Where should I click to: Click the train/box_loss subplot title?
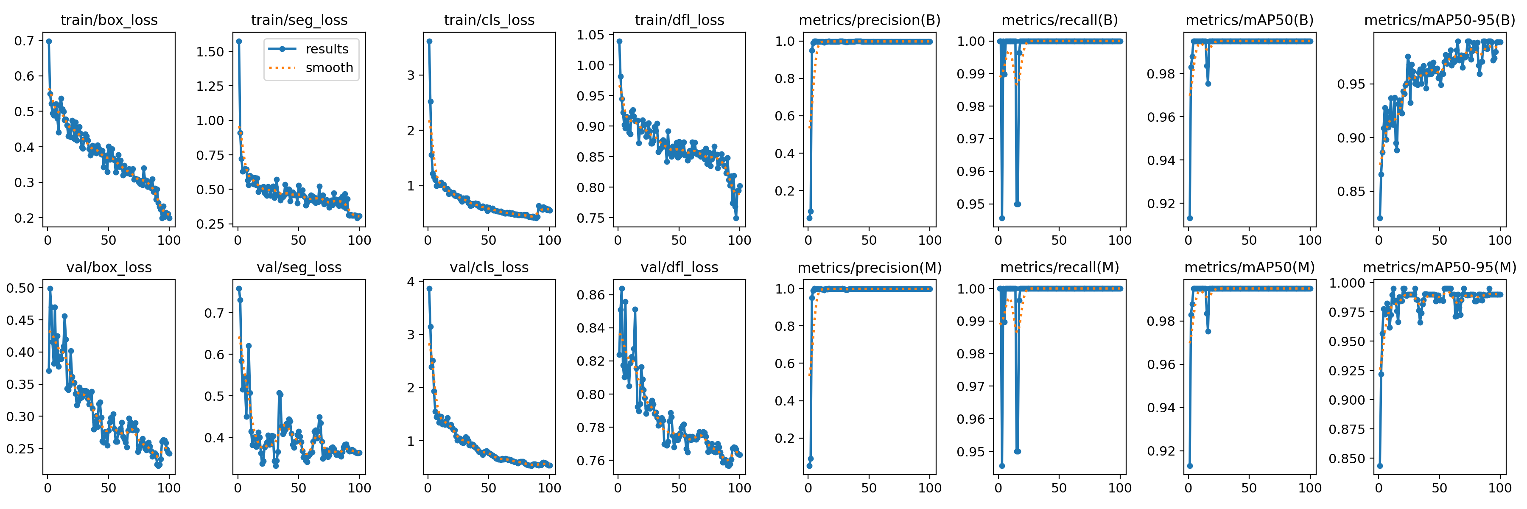coord(109,20)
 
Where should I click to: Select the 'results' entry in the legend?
coord(327,49)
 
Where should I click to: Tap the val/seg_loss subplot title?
coord(299,268)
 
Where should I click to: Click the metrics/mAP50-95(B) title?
coord(1439,20)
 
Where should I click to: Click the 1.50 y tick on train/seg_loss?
coord(210,52)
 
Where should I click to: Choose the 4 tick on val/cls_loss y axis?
coord(411,282)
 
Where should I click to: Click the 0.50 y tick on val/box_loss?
coord(20,288)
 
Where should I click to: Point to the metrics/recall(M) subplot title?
coord(1059,268)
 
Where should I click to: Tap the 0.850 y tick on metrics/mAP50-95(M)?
coord(1348,459)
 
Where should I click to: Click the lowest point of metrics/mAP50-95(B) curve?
coord(1380,218)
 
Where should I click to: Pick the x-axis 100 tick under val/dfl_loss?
coord(739,488)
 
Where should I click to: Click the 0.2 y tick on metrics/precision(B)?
coord(785,191)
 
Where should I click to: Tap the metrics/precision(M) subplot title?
coord(870,268)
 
